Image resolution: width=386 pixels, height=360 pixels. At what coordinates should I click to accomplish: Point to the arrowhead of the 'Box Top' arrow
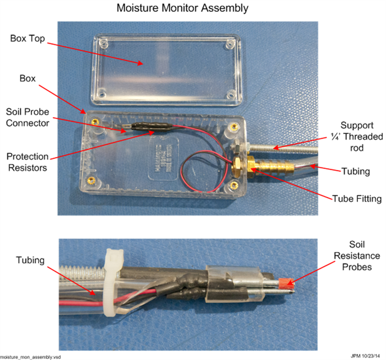(142, 63)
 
